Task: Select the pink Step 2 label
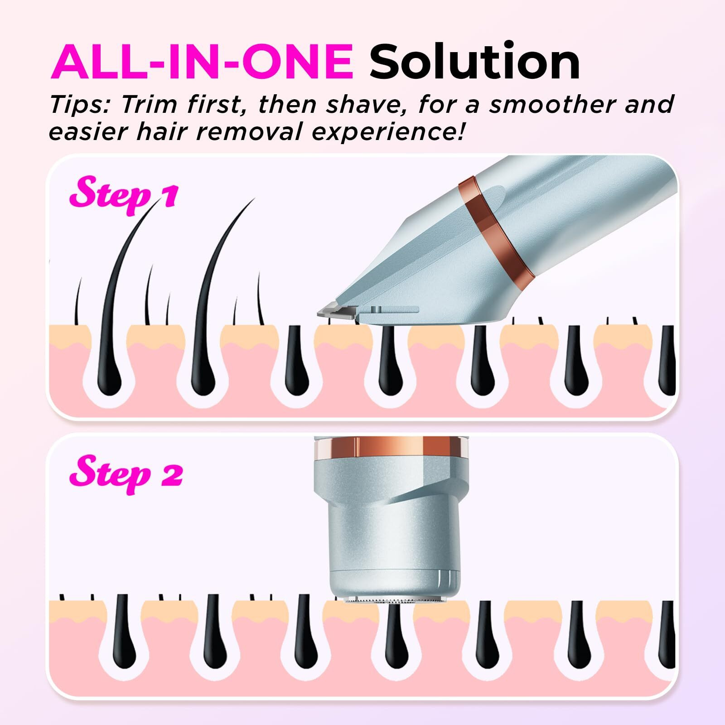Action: [x=126, y=474]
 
